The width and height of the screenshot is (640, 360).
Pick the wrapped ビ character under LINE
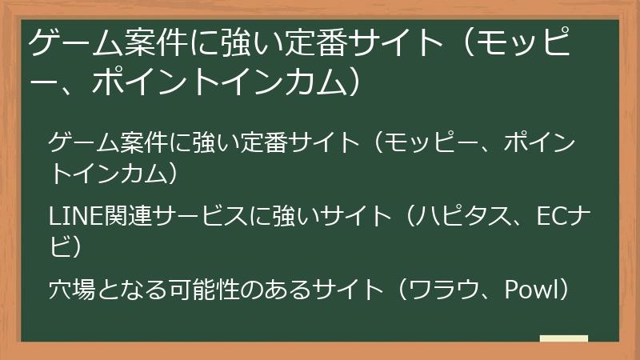(61, 246)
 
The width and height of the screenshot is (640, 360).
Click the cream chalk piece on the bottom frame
(563, 339)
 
